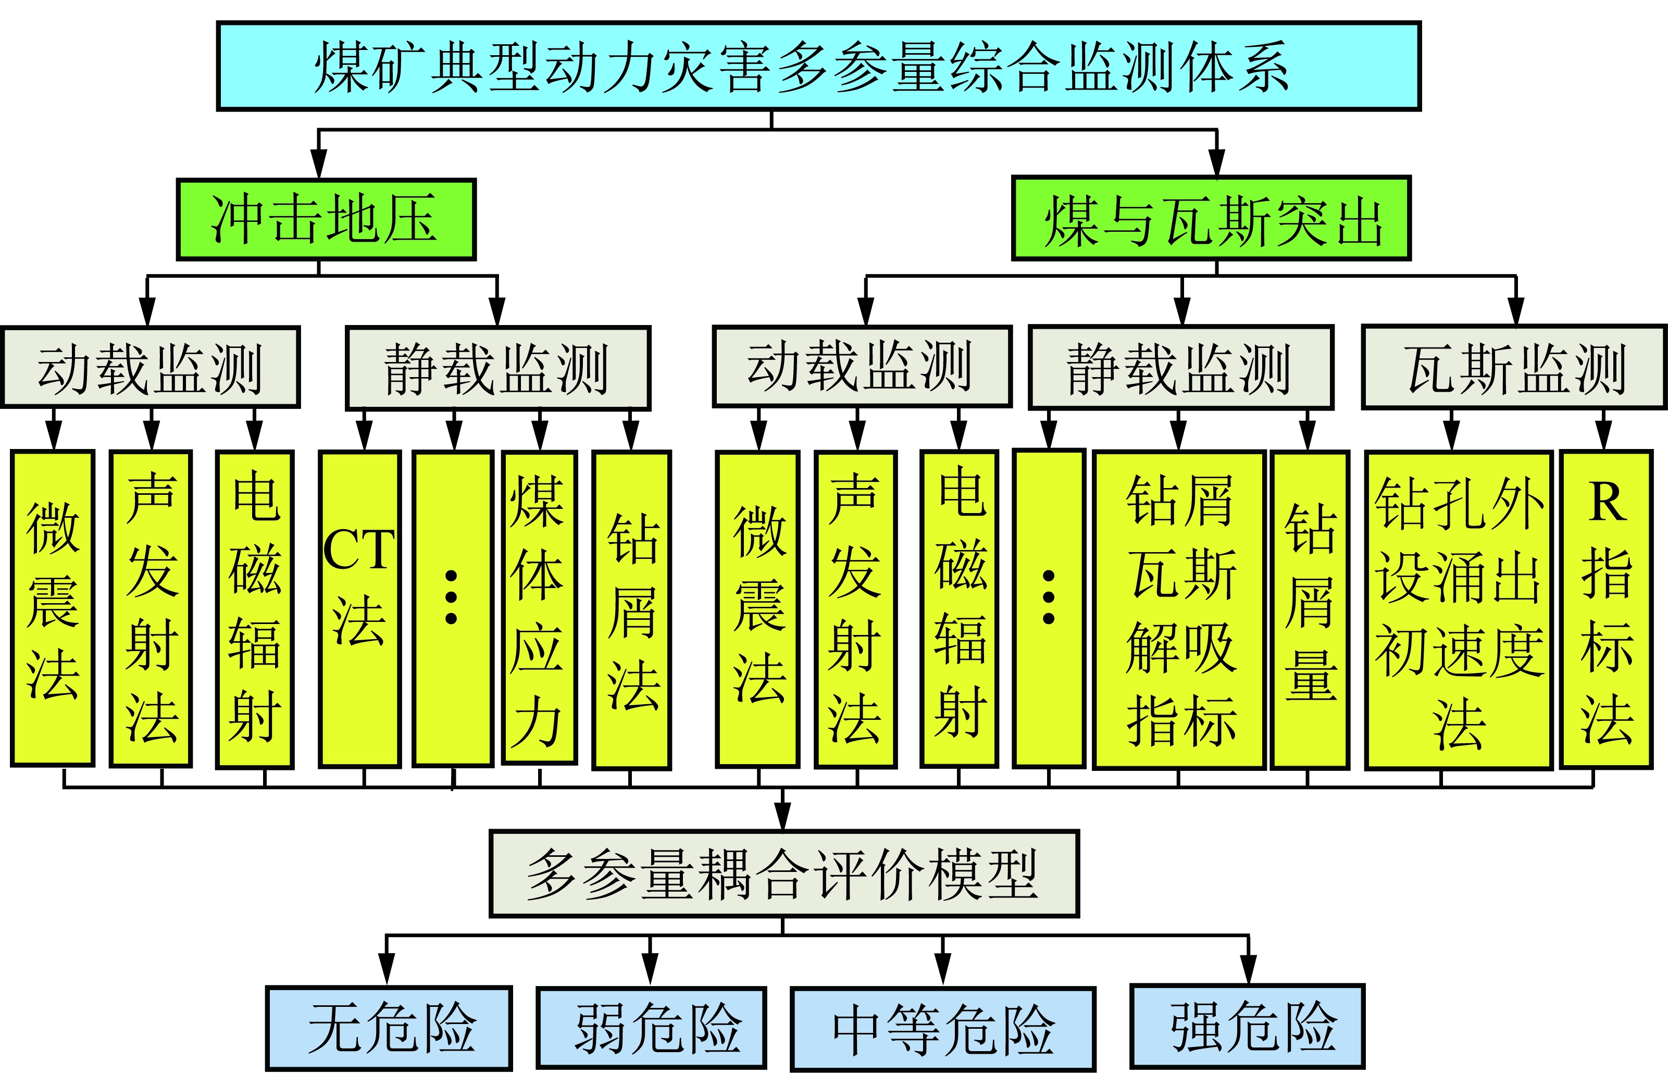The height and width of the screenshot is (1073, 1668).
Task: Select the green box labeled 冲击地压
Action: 326,219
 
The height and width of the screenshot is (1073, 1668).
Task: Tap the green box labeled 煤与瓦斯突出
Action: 1211,219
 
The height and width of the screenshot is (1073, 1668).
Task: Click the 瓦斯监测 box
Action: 1514,367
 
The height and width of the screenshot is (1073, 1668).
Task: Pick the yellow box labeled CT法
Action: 359,609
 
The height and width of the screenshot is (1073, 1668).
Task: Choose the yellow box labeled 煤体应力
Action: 539,607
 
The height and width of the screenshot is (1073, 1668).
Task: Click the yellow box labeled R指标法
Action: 1606,609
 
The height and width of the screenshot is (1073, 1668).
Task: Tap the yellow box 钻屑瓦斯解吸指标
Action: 1179,609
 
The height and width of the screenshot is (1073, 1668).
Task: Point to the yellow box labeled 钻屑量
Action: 1310,609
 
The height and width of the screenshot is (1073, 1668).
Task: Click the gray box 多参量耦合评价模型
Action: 784,874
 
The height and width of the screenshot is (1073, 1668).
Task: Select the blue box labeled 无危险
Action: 389,1028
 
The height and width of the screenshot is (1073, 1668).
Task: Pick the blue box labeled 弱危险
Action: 651,1028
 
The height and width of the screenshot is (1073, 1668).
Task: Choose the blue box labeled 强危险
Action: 1247,1026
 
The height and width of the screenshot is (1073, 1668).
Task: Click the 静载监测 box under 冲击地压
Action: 497,368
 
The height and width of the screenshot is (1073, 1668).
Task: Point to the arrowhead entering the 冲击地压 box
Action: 318,165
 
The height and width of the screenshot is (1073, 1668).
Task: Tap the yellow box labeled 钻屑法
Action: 631,609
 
